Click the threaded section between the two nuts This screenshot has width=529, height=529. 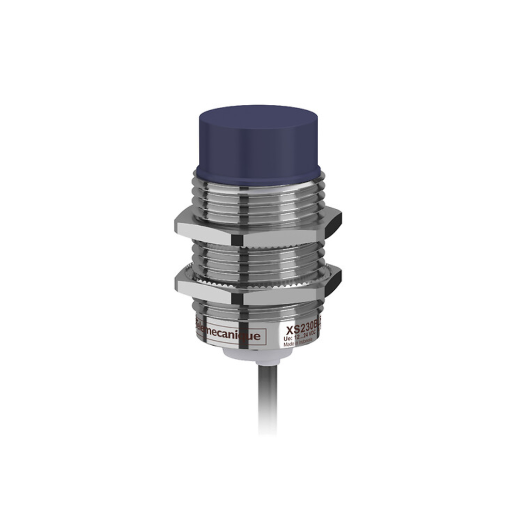(258, 256)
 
